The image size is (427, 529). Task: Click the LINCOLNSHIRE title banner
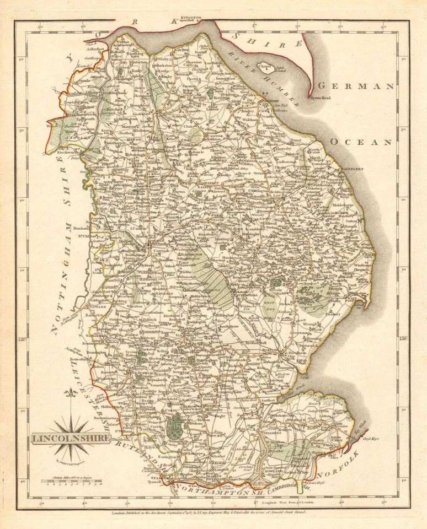point(65,439)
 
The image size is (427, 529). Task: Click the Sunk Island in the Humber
point(266,71)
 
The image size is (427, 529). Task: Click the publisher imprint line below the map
point(212,512)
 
